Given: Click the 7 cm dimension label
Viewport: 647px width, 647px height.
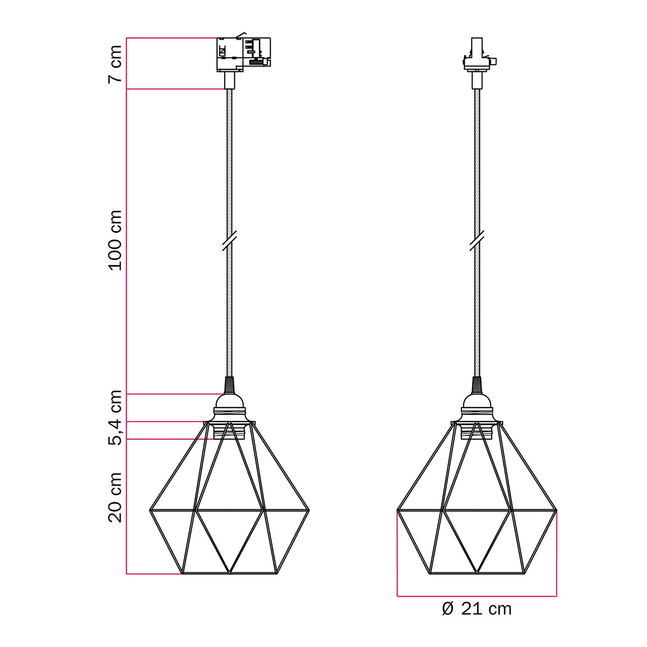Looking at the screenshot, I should tap(115, 64).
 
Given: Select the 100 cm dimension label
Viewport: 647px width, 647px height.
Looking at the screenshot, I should tap(115, 240).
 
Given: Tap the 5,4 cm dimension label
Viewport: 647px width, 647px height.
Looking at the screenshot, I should tap(115, 417).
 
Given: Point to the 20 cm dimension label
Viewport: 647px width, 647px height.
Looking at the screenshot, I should tap(115, 497).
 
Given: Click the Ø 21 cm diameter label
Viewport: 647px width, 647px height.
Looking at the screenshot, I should tap(477, 609).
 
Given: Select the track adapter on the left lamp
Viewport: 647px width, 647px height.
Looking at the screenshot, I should tap(243, 54).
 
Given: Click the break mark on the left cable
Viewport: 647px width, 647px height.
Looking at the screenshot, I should tap(229, 240).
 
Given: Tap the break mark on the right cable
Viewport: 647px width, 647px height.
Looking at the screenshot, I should tap(477, 240).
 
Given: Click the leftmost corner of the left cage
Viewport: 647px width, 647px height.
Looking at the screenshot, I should tap(150, 511).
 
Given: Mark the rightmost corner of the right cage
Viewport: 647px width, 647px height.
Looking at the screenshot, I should tap(556, 511).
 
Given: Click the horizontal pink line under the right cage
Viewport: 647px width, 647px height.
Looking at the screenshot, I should tap(477, 597).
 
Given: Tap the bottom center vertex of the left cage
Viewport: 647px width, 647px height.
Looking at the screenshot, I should tap(229, 573).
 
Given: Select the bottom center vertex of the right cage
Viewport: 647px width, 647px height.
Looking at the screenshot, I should tap(477, 573).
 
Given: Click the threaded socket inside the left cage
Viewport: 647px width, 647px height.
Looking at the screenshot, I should tap(229, 431).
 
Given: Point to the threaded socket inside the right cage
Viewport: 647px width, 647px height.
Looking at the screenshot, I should tap(477, 431).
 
